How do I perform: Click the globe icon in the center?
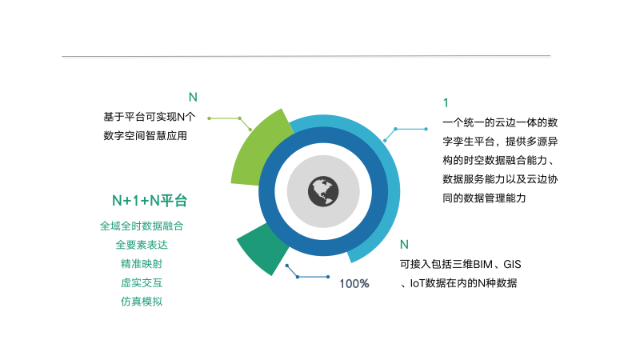[x=323, y=191]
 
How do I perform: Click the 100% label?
[x=354, y=283]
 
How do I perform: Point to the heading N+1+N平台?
[x=150, y=201]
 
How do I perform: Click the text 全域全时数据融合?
[x=142, y=226]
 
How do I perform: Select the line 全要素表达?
[x=142, y=245]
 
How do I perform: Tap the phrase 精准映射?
[x=142, y=264]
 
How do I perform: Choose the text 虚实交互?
[x=142, y=282]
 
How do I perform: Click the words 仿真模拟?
[x=142, y=302]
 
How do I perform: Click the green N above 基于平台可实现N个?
[x=193, y=97]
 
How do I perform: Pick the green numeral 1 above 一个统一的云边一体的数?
[x=446, y=103]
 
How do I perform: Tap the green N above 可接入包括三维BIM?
[x=404, y=245]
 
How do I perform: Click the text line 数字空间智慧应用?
[x=146, y=135]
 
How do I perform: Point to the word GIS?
[x=512, y=265]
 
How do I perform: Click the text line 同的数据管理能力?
[x=485, y=198]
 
